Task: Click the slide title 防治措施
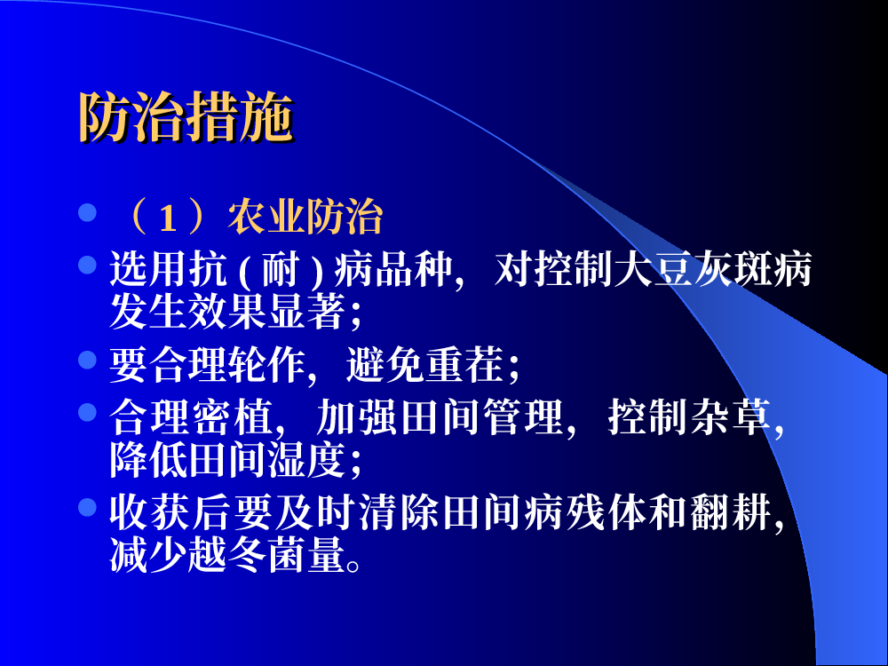click(186, 116)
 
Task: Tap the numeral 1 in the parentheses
click(168, 218)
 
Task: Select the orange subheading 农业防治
click(305, 217)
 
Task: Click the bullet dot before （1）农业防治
click(87, 213)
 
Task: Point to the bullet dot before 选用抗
click(87, 265)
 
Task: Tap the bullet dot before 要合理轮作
click(87, 360)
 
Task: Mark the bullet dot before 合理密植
click(87, 412)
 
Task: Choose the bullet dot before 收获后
click(87, 507)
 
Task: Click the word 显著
click(306, 311)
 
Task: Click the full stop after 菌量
click(353, 565)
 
